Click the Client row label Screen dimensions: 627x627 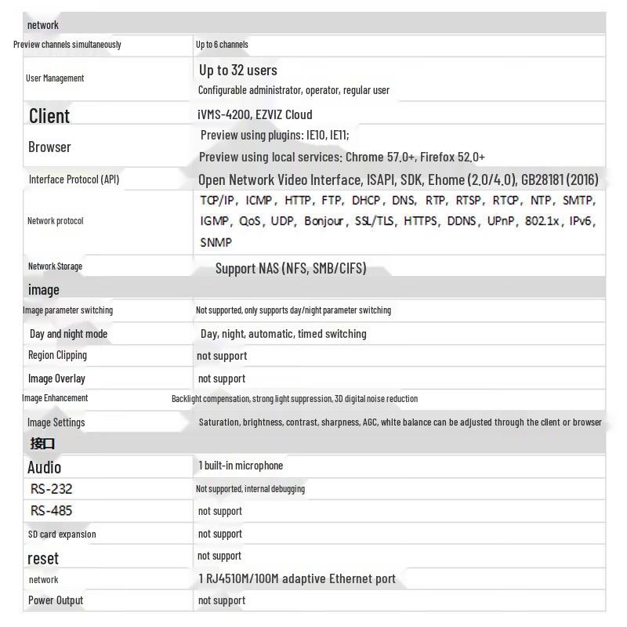[x=49, y=116]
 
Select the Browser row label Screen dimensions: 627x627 [x=49, y=147]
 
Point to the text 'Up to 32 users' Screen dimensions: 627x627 [x=237, y=70]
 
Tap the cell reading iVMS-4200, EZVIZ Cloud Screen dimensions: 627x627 [x=255, y=114]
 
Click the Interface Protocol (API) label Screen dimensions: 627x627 [x=74, y=179]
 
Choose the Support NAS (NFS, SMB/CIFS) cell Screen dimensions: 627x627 [x=290, y=269]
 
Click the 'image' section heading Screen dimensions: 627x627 [x=44, y=290]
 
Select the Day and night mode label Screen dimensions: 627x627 [x=68, y=334]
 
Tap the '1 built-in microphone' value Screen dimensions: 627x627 [x=241, y=466]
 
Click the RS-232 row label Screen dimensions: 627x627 [x=52, y=489]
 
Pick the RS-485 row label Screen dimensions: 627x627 [x=52, y=511]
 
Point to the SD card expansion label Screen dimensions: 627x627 [x=62, y=535]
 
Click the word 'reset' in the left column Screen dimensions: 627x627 [x=43, y=558]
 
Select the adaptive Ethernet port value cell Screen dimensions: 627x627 [x=297, y=579]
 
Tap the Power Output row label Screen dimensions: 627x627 [x=56, y=600]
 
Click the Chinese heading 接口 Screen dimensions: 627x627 [x=42, y=444]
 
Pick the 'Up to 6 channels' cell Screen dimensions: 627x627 [x=222, y=45]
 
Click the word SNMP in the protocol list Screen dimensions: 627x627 [x=216, y=243]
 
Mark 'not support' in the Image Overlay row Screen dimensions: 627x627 [x=222, y=379]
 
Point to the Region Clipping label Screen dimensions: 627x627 [x=57, y=355]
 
